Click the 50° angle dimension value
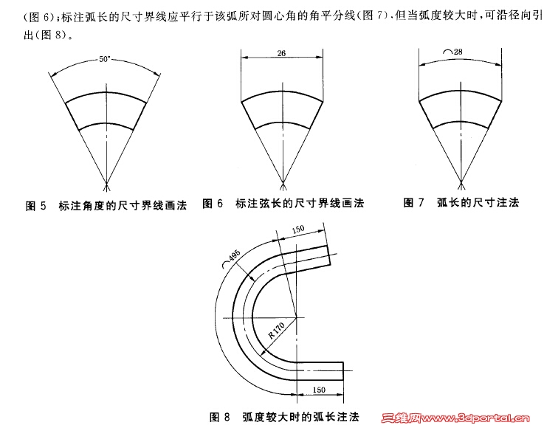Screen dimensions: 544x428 click(x=104, y=59)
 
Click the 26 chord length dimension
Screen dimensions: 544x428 click(x=281, y=53)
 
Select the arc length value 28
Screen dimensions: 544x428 click(x=458, y=52)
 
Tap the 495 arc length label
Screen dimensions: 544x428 click(x=235, y=256)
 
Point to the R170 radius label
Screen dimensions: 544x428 click(x=277, y=331)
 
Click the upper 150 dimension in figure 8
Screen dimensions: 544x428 click(x=298, y=229)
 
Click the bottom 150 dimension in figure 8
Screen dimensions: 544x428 click(x=319, y=390)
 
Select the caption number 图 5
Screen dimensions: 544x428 click(x=35, y=206)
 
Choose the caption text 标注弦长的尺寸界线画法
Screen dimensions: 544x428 click(x=300, y=203)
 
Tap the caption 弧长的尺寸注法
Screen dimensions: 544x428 click(x=478, y=202)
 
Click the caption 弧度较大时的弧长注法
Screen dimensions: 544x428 click(x=301, y=416)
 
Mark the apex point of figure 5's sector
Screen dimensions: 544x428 click(x=107, y=183)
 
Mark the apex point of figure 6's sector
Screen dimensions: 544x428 click(x=283, y=183)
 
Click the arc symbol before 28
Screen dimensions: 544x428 click(x=448, y=52)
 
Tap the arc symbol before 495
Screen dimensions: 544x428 click(x=226, y=265)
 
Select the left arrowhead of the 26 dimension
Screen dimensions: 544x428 click(x=245, y=58)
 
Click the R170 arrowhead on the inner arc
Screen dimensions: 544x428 click(x=264, y=353)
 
